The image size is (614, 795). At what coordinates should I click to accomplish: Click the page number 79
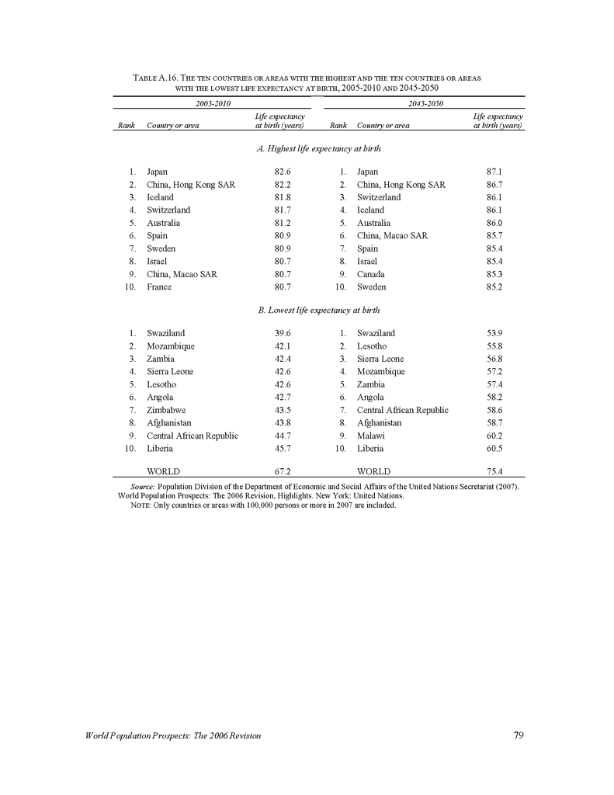519,736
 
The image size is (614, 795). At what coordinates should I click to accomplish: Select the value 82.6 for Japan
283,172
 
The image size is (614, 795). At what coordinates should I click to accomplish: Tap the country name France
159,287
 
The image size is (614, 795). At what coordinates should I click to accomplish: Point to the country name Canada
370,274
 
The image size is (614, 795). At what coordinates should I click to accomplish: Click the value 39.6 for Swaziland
283,333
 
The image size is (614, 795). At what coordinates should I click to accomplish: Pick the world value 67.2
283,471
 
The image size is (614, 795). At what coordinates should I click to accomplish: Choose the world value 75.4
494,471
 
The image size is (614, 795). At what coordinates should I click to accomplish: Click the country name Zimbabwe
166,410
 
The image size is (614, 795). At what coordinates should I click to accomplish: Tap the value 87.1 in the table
494,172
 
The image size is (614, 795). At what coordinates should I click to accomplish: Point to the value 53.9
494,333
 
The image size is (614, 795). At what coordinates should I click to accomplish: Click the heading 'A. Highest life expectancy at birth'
318,148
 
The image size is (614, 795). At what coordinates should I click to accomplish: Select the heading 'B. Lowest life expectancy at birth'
318,310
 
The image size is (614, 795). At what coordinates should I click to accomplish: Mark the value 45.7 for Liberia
283,449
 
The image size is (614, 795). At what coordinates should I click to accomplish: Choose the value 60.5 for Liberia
494,449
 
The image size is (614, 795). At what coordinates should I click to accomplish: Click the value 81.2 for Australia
283,223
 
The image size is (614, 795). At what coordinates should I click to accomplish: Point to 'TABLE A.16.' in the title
156,79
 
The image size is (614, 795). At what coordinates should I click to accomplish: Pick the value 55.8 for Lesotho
494,346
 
